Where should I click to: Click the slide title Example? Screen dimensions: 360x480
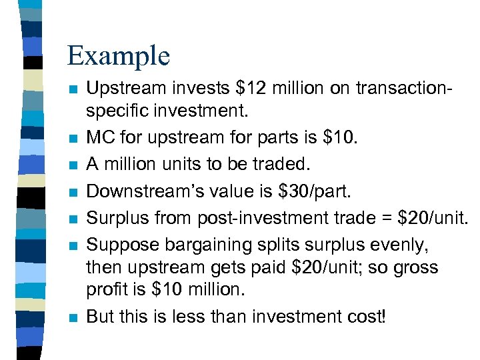click(119, 55)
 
